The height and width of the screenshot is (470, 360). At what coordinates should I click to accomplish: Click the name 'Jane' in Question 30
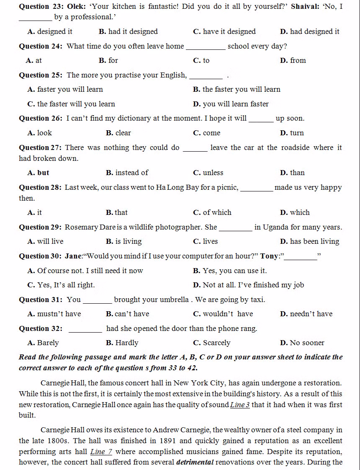[74, 256]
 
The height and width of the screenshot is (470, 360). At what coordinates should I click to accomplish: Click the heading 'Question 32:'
[41, 328]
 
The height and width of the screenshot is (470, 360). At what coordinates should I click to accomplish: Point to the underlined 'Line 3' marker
[240, 405]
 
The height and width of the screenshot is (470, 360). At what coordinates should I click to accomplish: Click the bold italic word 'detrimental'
[195, 462]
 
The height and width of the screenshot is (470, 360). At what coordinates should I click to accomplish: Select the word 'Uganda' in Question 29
[276, 227]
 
